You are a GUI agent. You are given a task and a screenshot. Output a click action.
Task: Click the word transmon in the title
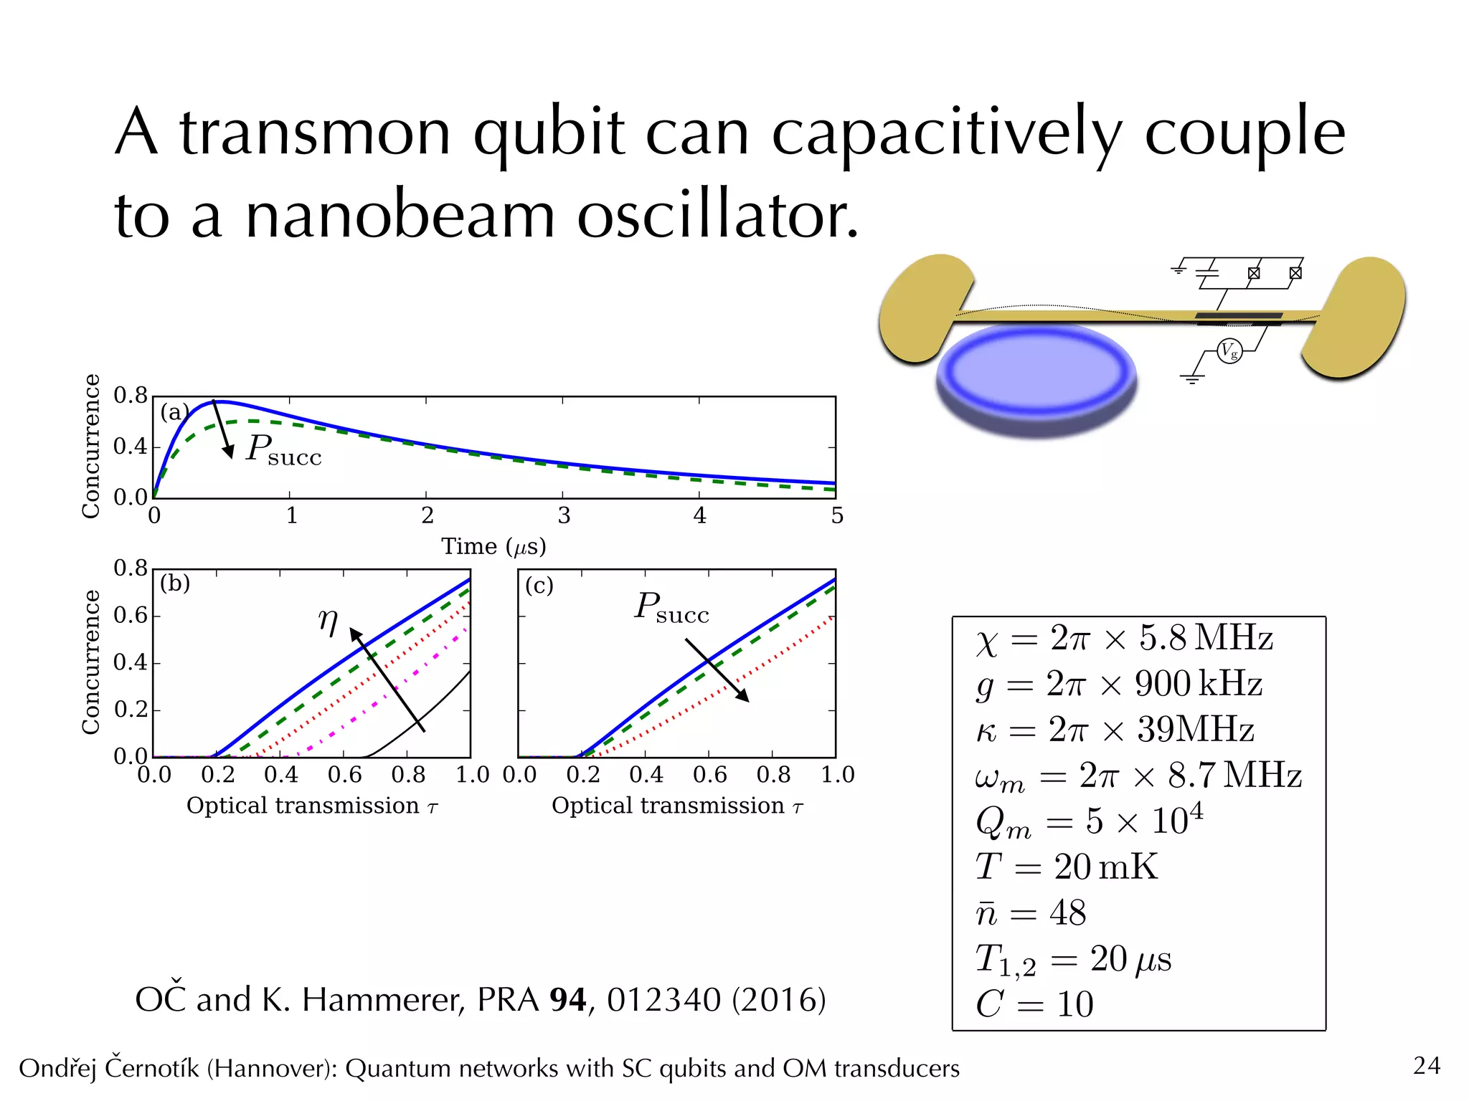click(315, 133)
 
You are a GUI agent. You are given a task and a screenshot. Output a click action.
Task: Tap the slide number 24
click(1427, 1066)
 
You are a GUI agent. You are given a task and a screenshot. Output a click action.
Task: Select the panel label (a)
click(174, 412)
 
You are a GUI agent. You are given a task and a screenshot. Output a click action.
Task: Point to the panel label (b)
click(175, 583)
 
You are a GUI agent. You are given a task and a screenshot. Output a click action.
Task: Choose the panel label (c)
click(539, 586)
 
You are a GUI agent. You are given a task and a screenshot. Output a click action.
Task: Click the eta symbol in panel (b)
click(328, 621)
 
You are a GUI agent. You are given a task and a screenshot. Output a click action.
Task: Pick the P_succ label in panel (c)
click(671, 608)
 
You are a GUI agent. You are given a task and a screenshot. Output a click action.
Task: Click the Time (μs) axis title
click(493, 547)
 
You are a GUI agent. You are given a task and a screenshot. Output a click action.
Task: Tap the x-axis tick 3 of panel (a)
click(564, 516)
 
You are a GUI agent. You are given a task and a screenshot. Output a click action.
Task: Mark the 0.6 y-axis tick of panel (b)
click(130, 615)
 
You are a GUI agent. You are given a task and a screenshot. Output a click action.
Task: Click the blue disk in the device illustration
click(1036, 376)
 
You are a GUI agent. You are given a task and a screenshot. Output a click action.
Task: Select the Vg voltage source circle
click(1229, 351)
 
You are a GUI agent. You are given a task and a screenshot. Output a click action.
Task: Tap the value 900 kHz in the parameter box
click(1198, 684)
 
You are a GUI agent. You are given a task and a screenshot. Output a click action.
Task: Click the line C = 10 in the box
click(1034, 1004)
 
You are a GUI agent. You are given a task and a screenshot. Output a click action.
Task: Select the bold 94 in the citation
click(568, 1000)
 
